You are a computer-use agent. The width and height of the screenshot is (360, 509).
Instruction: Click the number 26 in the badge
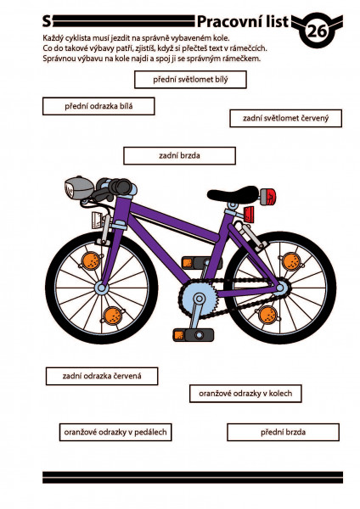click(317, 31)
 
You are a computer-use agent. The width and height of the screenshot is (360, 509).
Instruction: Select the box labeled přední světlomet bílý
click(190, 80)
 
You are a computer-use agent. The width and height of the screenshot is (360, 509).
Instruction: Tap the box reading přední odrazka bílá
click(98, 106)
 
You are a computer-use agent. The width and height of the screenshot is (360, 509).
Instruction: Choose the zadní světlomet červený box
click(285, 118)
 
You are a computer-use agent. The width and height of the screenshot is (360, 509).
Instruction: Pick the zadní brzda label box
click(179, 156)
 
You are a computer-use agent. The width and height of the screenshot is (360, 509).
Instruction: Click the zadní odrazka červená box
click(102, 376)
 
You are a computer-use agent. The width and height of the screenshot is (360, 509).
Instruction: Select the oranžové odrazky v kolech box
click(245, 394)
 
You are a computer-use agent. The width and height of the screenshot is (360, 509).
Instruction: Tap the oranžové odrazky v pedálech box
click(115, 432)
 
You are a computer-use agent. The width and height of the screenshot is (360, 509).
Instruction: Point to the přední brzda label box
click(283, 432)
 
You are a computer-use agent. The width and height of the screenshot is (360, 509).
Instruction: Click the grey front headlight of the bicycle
click(79, 187)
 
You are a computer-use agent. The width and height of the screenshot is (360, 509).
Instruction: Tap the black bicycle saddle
click(233, 193)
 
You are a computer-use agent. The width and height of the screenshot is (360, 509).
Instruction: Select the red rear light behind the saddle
click(268, 197)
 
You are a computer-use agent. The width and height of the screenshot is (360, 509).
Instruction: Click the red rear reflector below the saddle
click(250, 214)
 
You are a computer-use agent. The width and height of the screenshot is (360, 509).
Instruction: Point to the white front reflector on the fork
click(98, 220)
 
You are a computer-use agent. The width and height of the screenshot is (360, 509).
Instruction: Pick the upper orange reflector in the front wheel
click(91, 260)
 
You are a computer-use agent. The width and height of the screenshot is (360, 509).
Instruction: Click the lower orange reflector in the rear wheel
click(268, 315)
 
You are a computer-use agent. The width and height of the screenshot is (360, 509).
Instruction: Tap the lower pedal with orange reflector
click(194, 335)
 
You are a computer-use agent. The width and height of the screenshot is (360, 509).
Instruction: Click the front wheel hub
click(101, 288)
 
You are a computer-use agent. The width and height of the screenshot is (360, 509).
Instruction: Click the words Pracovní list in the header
click(242, 22)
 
